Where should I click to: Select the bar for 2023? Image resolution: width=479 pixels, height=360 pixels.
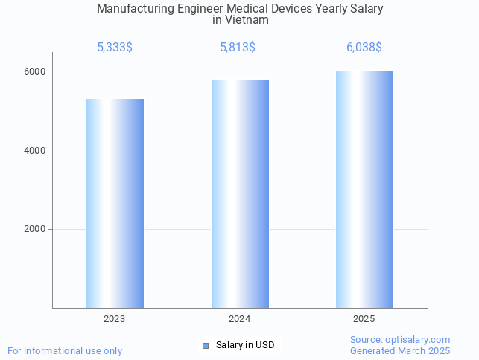(115, 203)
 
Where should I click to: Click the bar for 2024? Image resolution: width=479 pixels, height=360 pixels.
(240, 194)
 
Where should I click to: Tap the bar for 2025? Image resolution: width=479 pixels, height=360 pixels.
(364, 189)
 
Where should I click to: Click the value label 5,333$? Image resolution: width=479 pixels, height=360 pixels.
(115, 48)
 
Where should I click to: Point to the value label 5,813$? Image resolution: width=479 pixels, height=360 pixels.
(238, 48)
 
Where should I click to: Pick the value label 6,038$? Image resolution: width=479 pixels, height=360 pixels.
(364, 48)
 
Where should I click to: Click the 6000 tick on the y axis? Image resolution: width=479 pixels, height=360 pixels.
(34, 72)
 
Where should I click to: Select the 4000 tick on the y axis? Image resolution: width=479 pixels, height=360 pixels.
(34, 151)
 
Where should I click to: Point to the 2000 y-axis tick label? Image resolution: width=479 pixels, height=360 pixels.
(34, 230)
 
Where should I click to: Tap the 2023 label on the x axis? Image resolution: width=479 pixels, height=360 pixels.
(115, 319)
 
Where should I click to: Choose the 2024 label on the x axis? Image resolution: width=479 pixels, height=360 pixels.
(240, 319)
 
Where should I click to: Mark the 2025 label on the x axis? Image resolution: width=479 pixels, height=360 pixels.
(364, 319)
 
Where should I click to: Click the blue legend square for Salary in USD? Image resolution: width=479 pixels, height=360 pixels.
(206, 346)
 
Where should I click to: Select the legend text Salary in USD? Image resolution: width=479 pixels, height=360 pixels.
(245, 345)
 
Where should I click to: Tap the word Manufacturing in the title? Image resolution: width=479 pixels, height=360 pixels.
(133, 9)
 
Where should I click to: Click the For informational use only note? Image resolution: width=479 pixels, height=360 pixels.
(65, 350)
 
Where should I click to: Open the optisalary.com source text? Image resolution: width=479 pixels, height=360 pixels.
(400, 340)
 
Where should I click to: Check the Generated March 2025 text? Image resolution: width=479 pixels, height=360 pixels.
(400, 350)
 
